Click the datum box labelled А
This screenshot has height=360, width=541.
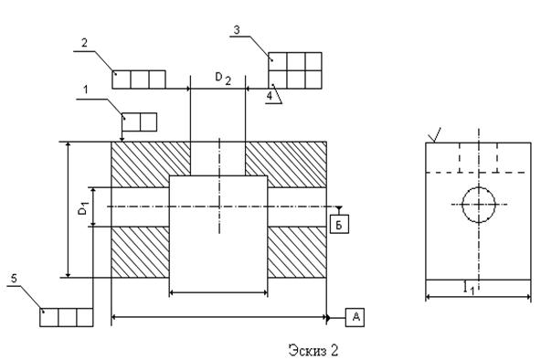[355, 317]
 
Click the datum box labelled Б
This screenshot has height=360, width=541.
[339, 224]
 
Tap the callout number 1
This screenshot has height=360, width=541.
[86, 90]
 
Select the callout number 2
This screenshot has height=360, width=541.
[84, 43]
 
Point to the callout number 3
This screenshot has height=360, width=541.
[237, 30]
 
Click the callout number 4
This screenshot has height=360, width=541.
[270, 96]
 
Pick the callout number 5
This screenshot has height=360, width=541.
[14, 278]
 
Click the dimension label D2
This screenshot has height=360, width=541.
[223, 79]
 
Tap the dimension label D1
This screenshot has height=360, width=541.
[84, 208]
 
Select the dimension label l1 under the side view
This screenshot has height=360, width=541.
[469, 288]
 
